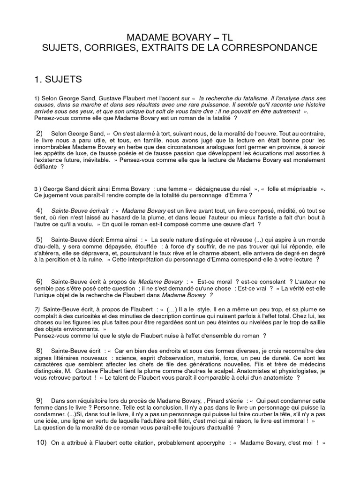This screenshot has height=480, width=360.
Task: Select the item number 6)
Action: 39,280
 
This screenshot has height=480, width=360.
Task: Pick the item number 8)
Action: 39,350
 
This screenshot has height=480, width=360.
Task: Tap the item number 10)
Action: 41,442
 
